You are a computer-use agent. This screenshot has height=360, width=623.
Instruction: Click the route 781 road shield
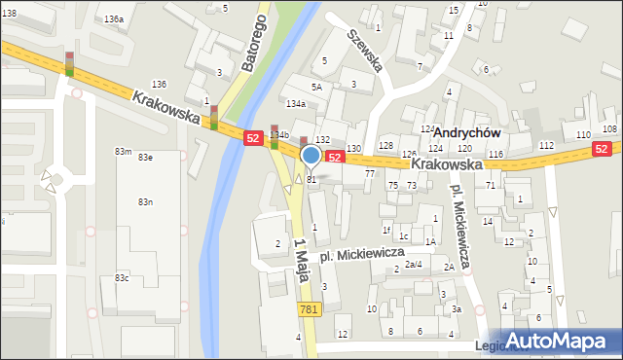pyautogui.click(x=308, y=308)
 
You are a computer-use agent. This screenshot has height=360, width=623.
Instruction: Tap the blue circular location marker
pyautogui.click(x=311, y=155)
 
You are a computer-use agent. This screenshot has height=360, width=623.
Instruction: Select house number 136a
pyautogui.click(x=115, y=19)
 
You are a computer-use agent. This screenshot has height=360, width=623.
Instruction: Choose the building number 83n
pyautogui.click(x=145, y=201)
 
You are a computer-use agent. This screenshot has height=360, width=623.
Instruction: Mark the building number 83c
pyautogui.click(x=122, y=278)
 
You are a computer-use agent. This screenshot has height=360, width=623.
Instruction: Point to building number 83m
pyautogui.click(x=123, y=152)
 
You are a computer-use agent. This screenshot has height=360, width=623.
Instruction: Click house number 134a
pyautogui.click(x=296, y=103)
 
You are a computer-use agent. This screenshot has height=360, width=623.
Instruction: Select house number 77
pyautogui.click(x=370, y=173)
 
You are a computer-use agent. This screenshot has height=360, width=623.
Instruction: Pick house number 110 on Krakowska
pyautogui.click(x=583, y=134)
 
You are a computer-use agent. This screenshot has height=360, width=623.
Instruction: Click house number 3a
pyautogui.click(x=457, y=309)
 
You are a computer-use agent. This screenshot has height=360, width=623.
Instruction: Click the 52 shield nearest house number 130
pyautogui.click(x=334, y=157)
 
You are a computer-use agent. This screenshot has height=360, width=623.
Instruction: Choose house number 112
pyautogui.click(x=546, y=146)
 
